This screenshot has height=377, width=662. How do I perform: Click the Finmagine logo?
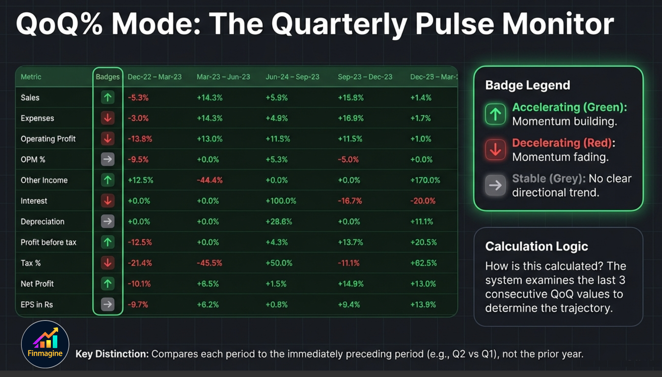[x=45, y=344]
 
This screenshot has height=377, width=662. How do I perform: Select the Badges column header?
[x=107, y=77]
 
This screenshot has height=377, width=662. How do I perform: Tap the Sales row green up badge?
[x=108, y=98]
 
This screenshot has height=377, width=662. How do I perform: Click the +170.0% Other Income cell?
[x=425, y=180]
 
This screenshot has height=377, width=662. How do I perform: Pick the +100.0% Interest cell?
[x=281, y=201]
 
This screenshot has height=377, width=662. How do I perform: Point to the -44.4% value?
[x=209, y=180]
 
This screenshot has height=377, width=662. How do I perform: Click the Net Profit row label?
[x=37, y=284]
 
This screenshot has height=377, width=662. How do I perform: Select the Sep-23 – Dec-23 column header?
[x=365, y=77]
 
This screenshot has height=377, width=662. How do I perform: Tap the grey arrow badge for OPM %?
[x=108, y=159]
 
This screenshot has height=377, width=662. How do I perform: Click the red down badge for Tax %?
[x=108, y=263]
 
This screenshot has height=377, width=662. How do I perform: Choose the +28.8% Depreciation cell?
[x=278, y=222]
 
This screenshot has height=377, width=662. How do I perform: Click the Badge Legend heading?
[x=527, y=85]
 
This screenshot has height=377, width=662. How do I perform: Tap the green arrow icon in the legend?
[x=495, y=114]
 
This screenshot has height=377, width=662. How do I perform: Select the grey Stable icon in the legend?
[x=495, y=185]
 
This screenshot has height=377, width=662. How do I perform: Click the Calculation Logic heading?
[x=536, y=246]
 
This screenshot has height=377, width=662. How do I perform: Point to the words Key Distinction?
[x=112, y=354]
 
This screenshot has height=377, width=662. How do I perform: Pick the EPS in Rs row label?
[x=37, y=305]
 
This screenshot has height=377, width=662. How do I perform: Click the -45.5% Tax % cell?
[x=209, y=263]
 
